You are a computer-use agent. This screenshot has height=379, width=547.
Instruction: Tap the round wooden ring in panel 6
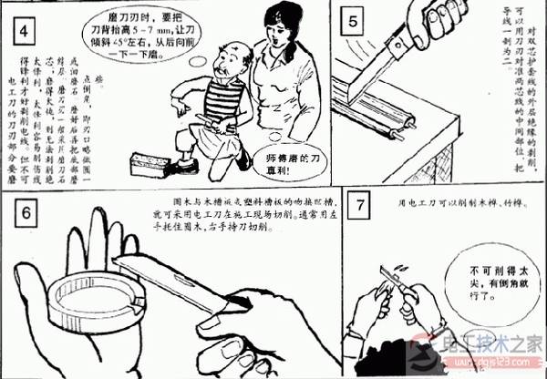tap(87, 299)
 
